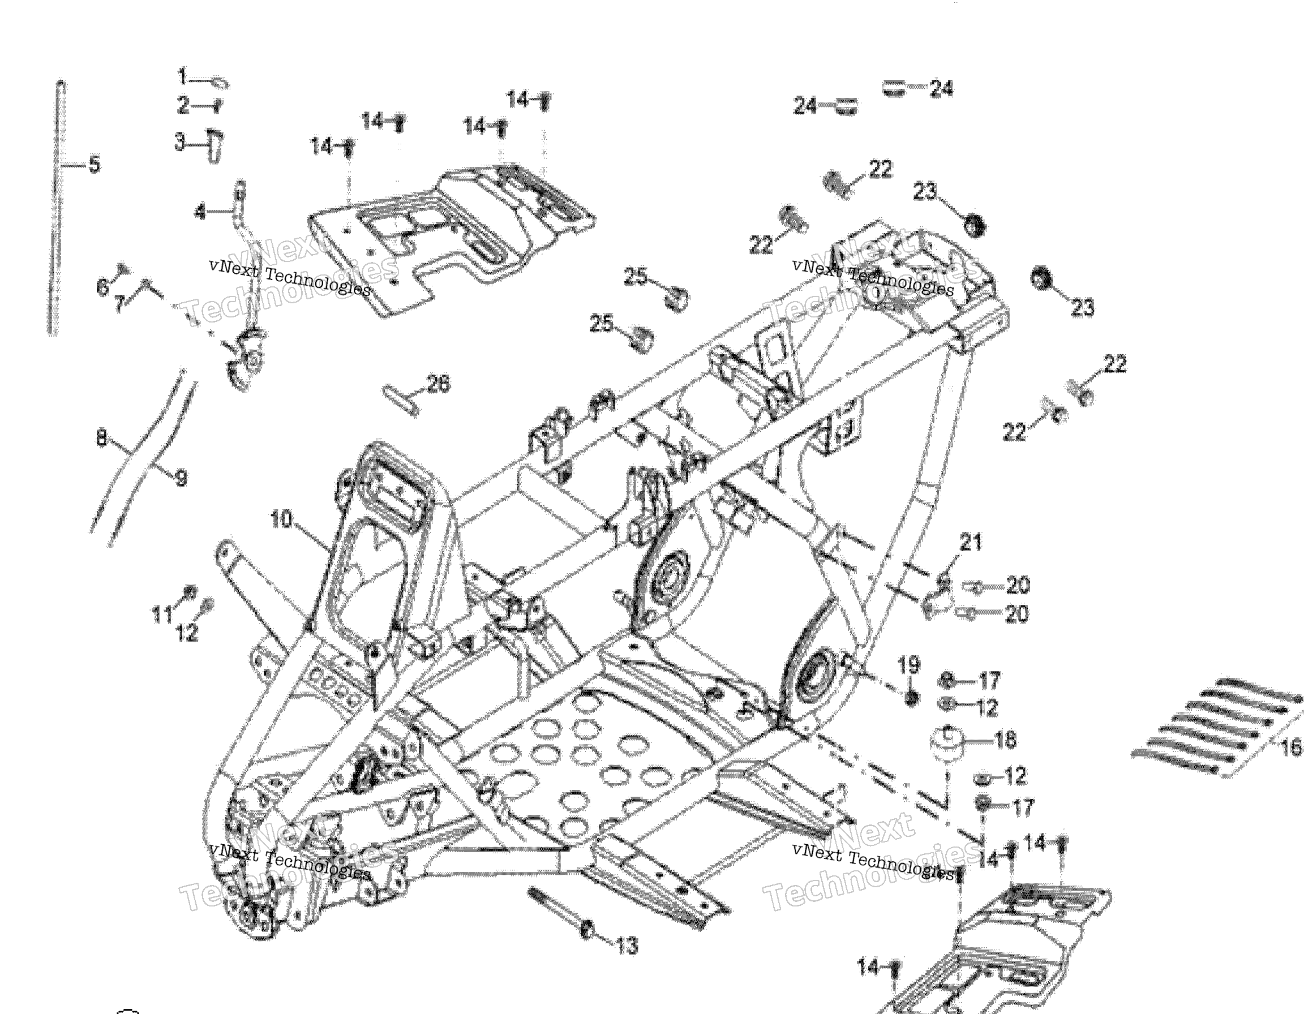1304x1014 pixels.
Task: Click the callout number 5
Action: point(95,164)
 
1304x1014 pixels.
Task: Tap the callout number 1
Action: point(183,77)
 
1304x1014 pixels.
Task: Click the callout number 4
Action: point(200,211)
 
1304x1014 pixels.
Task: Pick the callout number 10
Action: point(281,519)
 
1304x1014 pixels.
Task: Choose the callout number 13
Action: point(627,946)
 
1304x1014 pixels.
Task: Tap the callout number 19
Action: point(909,665)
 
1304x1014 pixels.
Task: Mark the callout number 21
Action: point(970,543)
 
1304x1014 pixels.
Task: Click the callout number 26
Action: point(438,384)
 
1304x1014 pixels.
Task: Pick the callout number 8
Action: point(101,439)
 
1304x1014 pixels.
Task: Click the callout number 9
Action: point(181,478)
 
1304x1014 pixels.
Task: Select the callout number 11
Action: point(162,614)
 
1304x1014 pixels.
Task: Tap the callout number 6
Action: point(102,287)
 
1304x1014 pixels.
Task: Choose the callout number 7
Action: point(119,304)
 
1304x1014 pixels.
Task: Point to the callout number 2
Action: point(183,106)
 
